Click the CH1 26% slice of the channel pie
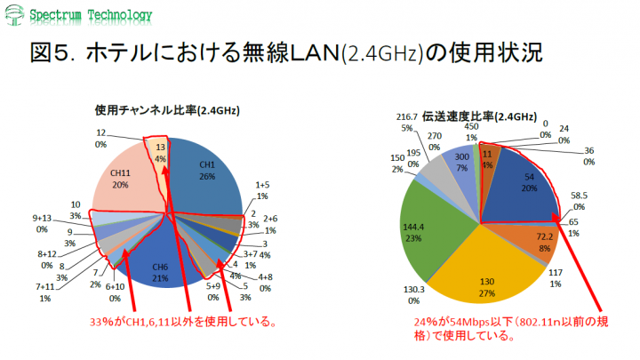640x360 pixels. [206, 171]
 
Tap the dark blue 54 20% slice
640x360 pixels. [524, 181]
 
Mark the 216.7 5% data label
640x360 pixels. [406, 122]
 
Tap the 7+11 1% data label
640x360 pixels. [44, 292]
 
